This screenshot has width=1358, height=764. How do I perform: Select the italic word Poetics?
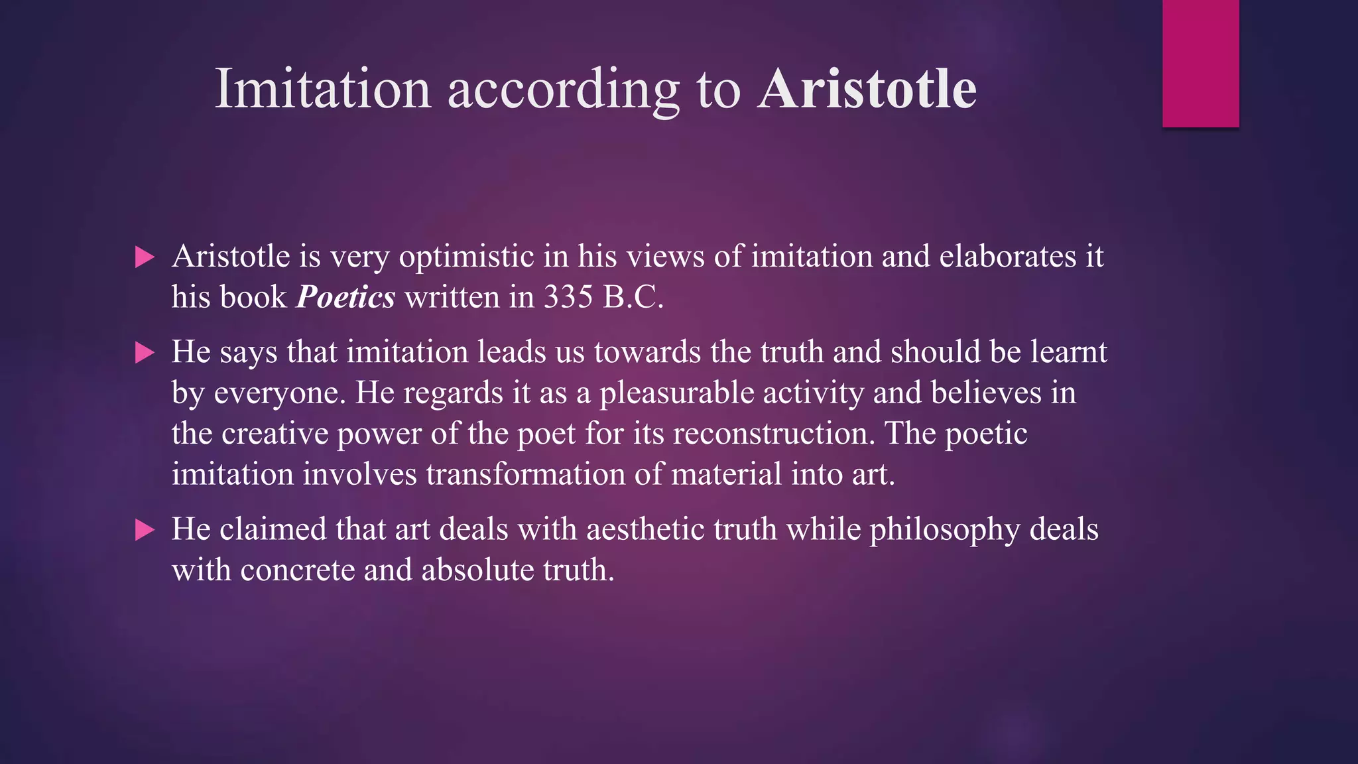345,297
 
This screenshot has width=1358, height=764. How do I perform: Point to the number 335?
568,297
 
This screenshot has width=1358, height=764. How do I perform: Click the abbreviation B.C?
633,297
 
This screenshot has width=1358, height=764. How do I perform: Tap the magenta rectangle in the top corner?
1200,63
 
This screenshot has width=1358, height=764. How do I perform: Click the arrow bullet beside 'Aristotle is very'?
145,257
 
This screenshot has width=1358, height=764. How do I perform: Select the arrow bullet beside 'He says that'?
145,353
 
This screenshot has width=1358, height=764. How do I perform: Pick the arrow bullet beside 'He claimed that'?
145,530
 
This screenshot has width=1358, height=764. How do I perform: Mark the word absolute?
477,570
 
